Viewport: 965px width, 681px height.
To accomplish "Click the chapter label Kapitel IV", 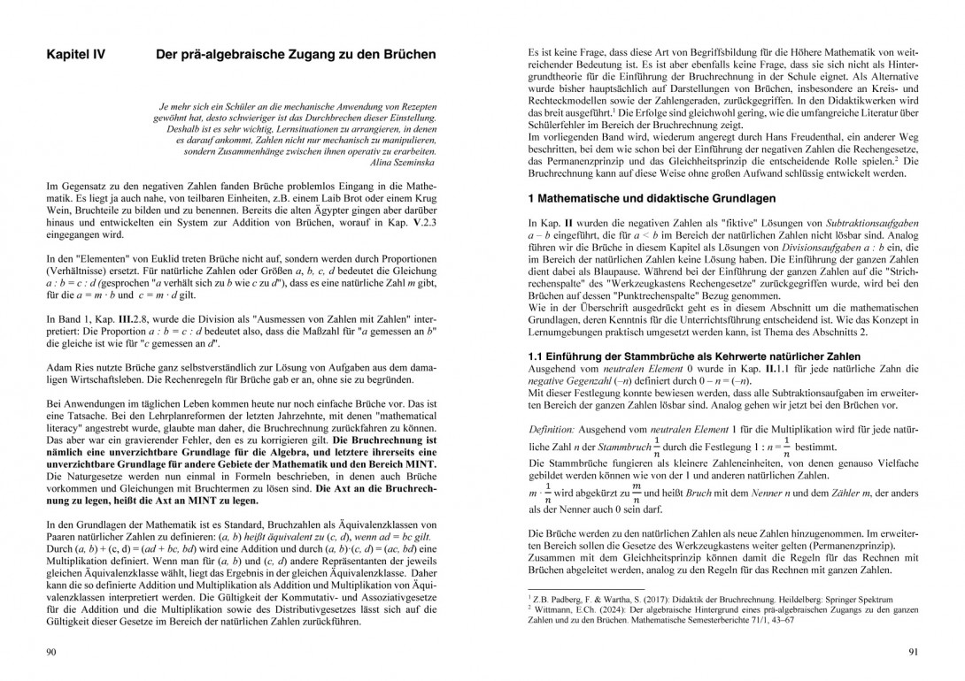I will [x=75, y=55].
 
